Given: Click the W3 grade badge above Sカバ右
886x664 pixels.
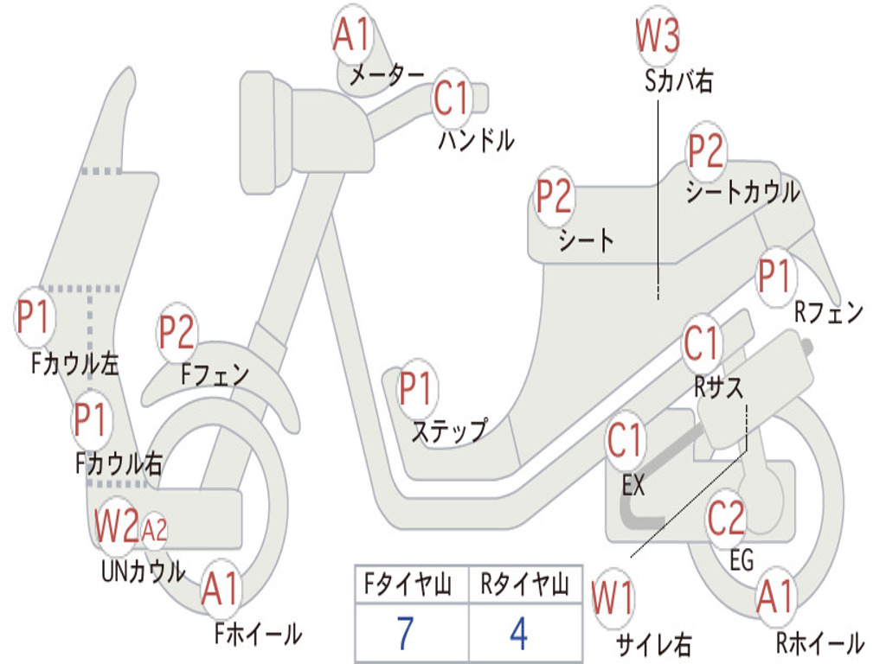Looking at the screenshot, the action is pos(658,36).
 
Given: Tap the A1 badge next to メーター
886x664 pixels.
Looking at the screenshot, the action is pos(351,35).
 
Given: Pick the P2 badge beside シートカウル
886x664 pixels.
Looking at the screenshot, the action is pos(705,151).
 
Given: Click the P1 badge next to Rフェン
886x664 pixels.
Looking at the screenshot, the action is pos(774,277).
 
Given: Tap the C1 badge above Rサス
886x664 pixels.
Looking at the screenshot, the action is pos(702,344).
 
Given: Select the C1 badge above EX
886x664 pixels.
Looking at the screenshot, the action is pos(625,440).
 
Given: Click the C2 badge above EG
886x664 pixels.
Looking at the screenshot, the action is pos(727,519).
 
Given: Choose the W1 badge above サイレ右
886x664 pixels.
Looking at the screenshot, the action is pos(613,598).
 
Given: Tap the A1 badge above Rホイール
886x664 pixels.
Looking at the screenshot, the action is pos(776,597).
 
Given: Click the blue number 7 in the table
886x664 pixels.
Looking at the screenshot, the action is pos(405,634).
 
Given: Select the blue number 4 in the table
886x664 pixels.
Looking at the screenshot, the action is pos(519,634).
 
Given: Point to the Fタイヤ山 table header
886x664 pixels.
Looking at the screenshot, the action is pos(408,585).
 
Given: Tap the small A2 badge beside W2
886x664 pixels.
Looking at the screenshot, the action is pos(154,531).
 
